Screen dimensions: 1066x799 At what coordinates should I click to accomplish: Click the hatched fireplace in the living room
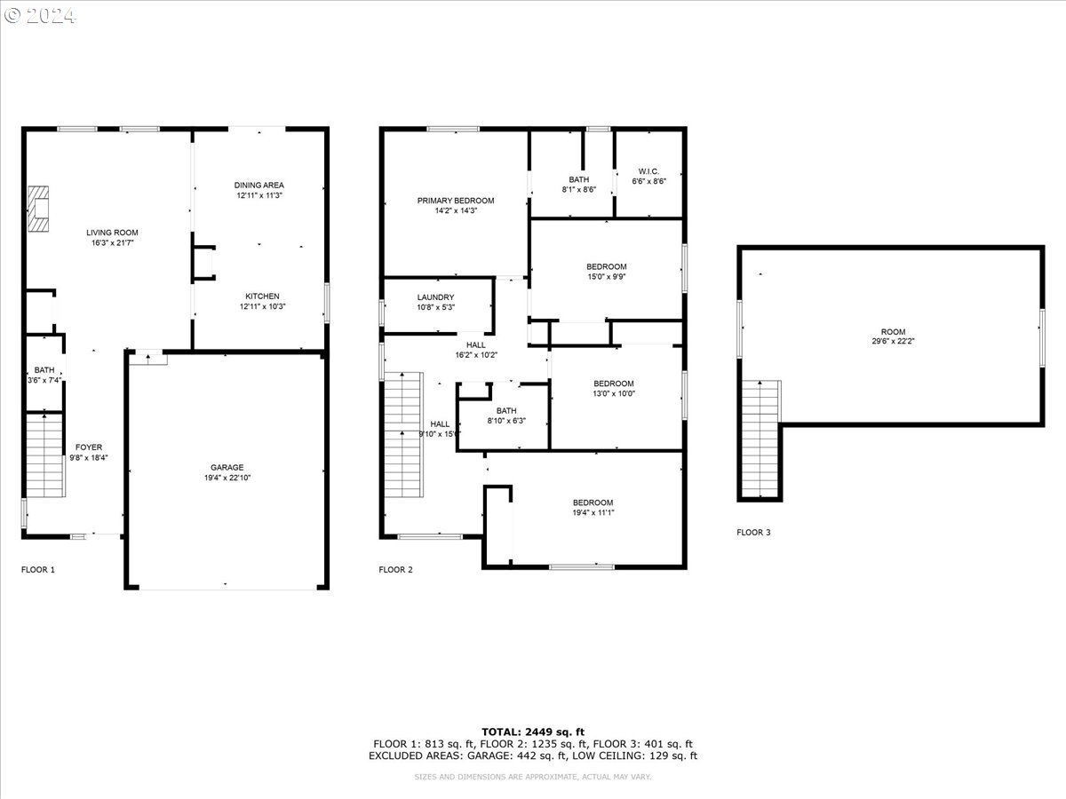[38, 209]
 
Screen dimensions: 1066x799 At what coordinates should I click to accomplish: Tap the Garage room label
[227, 468]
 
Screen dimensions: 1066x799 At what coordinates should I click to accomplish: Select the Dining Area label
[259, 186]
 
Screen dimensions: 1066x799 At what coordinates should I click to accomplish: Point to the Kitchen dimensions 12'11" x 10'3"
[262, 306]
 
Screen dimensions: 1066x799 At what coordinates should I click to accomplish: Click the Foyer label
[89, 447]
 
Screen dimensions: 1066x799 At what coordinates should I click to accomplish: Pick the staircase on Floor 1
[45, 455]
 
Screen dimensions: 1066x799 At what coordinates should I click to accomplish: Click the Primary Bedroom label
[456, 201]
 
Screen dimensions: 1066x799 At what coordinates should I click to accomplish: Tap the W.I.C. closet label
[648, 171]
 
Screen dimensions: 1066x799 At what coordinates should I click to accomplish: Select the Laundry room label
[435, 297]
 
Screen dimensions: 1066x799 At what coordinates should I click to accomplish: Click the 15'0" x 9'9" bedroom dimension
[607, 277]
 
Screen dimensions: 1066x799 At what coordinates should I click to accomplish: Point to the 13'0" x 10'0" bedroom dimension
[614, 394]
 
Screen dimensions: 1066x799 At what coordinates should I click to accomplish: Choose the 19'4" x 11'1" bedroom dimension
[593, 513]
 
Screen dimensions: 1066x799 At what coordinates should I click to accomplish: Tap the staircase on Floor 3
[761, 439]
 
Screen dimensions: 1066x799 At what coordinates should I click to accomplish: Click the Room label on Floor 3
[893, 332]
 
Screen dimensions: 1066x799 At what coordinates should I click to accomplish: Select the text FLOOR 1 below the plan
[38, 570]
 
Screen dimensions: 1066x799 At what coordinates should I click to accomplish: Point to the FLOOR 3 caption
[753, 532]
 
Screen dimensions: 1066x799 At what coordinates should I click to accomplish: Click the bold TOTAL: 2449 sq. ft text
[533, 732]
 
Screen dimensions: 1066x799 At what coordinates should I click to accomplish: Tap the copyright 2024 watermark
[40, 16]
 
